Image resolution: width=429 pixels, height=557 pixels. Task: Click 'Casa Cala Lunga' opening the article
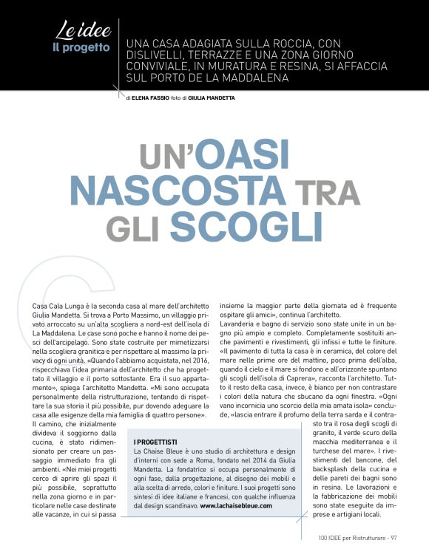(61, 306)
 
